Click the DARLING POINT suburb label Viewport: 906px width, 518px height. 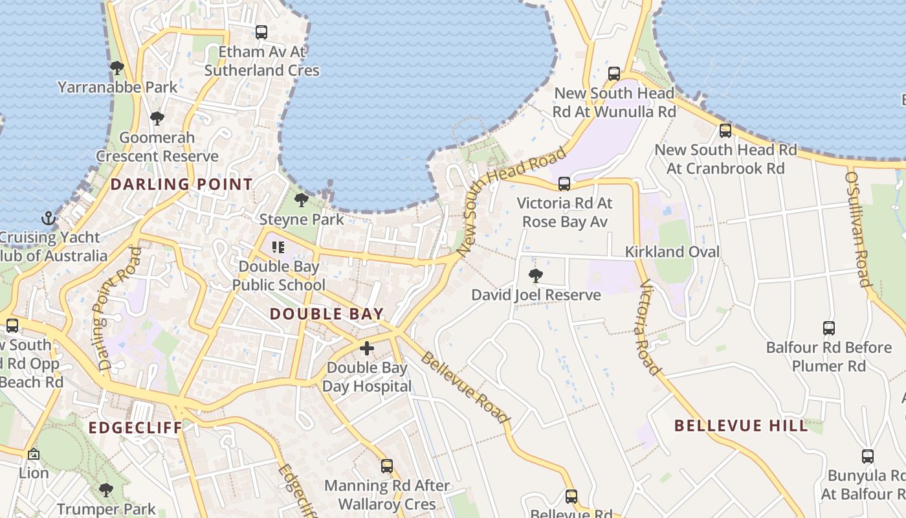(181, 185)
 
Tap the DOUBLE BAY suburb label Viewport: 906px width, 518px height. (327, 315)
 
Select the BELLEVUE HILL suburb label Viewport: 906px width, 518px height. (741, 425)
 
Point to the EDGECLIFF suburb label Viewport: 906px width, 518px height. (135, 428)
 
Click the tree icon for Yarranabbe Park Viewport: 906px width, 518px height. (117, 67)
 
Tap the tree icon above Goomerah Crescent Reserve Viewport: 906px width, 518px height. (157, 118)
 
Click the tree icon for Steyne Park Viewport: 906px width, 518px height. (301, 199)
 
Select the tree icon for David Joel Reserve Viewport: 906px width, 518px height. (535, 276)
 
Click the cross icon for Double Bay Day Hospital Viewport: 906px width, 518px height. (367, 348)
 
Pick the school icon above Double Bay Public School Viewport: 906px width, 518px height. (278, 247)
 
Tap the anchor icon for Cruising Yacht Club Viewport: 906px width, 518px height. (48, 218)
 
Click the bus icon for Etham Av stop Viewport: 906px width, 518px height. (261, 32)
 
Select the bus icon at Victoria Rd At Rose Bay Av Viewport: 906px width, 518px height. (564, 184)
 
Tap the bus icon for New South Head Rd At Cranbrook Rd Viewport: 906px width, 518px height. (725, 130)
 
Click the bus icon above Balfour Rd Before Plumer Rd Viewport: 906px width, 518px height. (829, 328)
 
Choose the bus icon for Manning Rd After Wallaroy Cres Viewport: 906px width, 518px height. (387, 466)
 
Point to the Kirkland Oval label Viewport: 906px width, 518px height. (672, 252)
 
